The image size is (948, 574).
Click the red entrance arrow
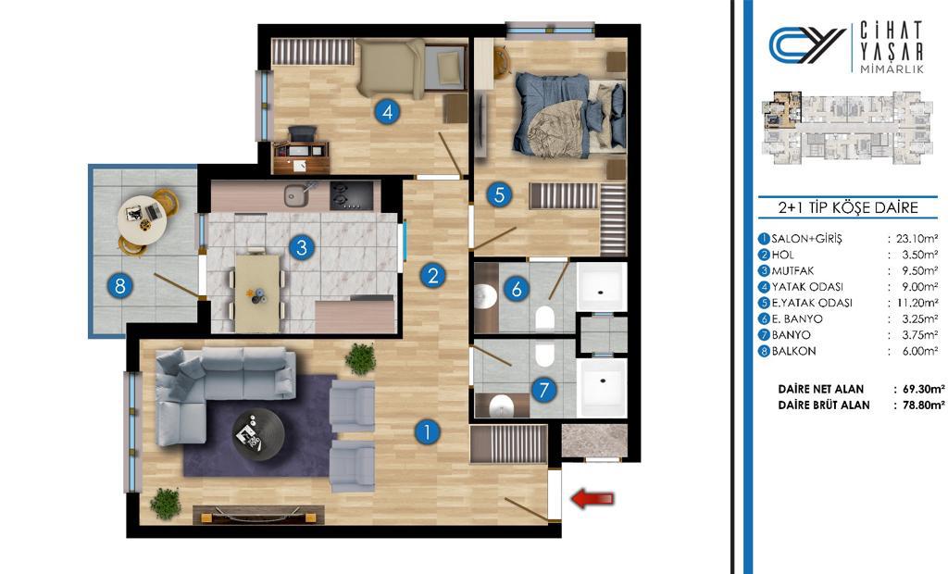pyautogui.click(x=592, y=499)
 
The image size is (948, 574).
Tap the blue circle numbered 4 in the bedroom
pyautogui.click(x=387, y=112)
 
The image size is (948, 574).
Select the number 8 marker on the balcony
pyautogui.click(x=120, y=285)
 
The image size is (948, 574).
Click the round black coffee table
pyautogui.click(x=258, y=434)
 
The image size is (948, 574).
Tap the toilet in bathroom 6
pyautogui.click(x=544, y=317)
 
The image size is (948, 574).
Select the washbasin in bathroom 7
pyautogui.click(x=501, y=406)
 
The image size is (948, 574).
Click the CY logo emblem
pyautogui.click(x=806, y=44)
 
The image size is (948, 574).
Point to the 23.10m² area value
pyautogui.click(x=917, y=238)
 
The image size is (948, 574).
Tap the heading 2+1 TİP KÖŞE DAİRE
pyautogui.click(x=848, y=208)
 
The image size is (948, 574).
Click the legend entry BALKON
pyautogui.click(x=794, y=351)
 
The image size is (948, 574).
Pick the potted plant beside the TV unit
pyautogui.click(x=166, y=504)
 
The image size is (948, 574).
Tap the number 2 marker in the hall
pyautogui.click(x=433, y=276)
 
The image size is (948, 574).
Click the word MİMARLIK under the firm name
pyautogui.click(x=892, y=69)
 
